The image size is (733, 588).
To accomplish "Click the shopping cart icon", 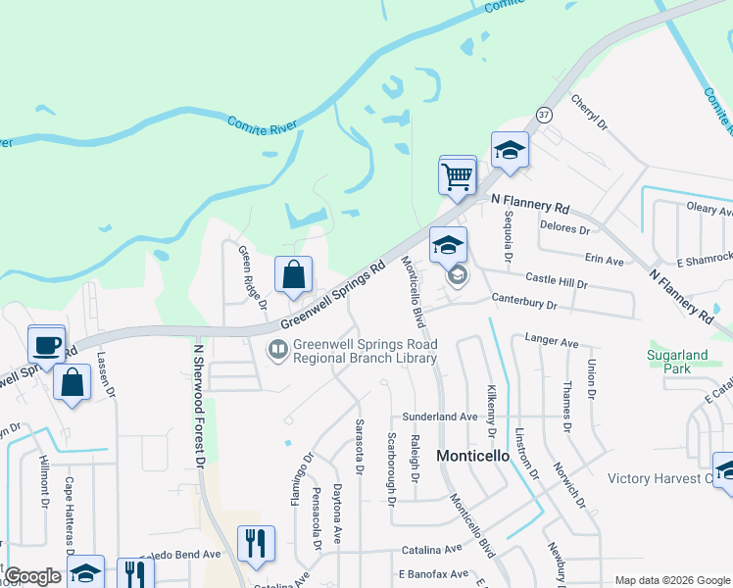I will (x=458, y=176).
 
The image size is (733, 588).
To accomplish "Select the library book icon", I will (x=278, y=349).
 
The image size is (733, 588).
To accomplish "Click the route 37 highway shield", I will (x=545, y=115).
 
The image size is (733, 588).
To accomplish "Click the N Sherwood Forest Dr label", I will (x=199, y=403).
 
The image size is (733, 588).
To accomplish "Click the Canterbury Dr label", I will (x=524, y=306).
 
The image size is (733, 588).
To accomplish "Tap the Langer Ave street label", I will (x=553, y=341).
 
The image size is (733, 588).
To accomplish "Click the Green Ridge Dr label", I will (x=253, y=276).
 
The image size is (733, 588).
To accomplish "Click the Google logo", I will (x=32, y=576).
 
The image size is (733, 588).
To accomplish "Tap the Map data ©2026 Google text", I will (x=671, y=580).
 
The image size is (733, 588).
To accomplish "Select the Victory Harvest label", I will (x=659, y=479).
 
